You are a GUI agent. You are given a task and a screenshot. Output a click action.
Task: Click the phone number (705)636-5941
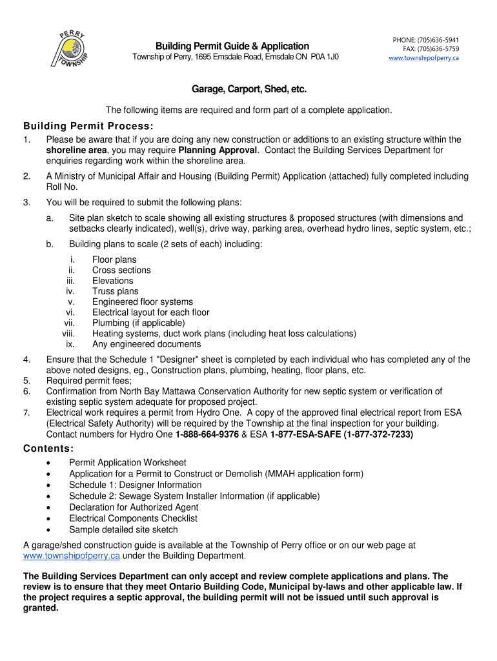tap(441, 40)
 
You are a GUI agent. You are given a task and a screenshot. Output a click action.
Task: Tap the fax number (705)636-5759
tap(441, 49)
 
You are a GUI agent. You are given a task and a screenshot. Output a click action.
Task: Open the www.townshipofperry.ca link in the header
tap(423, 58)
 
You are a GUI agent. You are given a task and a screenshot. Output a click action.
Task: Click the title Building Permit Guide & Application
tap(232, 46)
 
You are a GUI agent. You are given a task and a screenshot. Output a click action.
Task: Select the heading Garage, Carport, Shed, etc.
tap(249, 89)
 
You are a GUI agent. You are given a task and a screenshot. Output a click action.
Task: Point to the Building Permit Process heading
tap(88, 125)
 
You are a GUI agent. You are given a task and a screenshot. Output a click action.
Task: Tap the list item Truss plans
tap(116, 291)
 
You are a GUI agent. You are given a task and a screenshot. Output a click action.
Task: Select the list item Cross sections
tap(121, 270)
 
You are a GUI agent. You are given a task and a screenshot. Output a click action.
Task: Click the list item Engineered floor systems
tap(143, 301)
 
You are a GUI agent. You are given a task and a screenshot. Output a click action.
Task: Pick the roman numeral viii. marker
tap(68, 333)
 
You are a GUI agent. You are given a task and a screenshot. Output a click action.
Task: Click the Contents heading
tap(48, 449)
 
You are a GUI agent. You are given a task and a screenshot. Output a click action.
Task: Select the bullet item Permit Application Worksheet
tap(128, 462)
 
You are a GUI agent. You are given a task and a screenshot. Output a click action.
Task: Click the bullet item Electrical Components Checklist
tap(133, 518)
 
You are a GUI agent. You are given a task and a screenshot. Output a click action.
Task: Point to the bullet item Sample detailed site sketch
tap(123, 529)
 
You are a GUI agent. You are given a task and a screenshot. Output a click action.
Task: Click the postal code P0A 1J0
tap(316, 57)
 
